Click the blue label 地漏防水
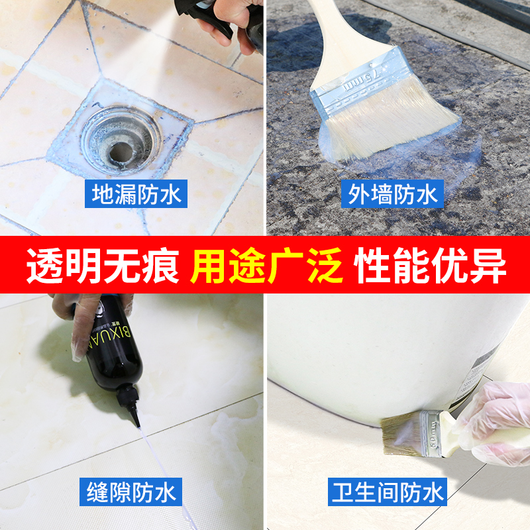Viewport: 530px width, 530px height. (136, 194)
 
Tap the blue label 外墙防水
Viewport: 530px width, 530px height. (393, 194)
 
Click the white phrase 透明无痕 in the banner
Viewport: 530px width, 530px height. (102, 266)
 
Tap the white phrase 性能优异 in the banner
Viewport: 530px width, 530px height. (431, 266)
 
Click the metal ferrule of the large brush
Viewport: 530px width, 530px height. (361, 83)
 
